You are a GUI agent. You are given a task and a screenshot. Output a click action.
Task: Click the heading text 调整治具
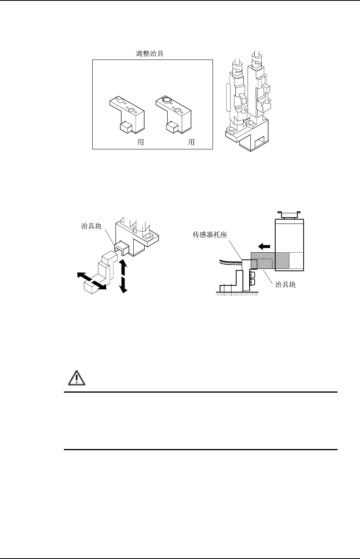click(147, 54)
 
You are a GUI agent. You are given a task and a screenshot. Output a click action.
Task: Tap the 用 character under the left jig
click(140, 142)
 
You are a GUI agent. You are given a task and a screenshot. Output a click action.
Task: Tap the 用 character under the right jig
click(191, 142)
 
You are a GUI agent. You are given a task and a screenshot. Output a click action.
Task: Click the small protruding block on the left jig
click(126, 127)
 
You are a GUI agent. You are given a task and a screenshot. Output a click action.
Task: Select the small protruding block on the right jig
click(172, 126)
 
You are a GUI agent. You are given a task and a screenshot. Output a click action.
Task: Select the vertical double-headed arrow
click(123, 276)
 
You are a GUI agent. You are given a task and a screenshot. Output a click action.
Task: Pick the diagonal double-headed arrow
click(91, 280)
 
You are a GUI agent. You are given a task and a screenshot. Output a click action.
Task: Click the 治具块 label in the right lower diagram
click(285, 285)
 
